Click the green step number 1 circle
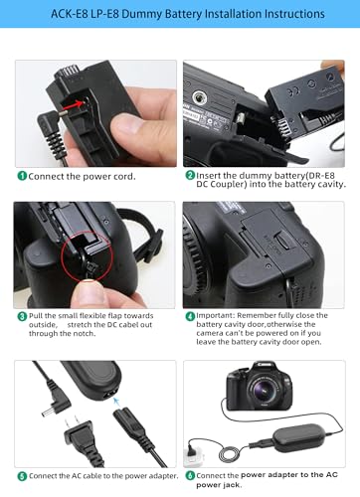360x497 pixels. click(x=22, y=176)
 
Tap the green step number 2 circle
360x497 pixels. click(x=190, y=175)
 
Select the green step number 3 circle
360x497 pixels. click(x=22, y=316)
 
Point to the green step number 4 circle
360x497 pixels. click(x=190, y=316)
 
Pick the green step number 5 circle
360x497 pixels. click(x=22, y=476)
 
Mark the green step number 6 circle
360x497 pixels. click(x=190, y=476)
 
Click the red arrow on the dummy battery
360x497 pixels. click(x=74, y=104)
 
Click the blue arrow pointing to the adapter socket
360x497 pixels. click(x=116, y=402)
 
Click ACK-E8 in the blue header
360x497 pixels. click(x=70, y=14)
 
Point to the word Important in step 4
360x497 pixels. click(x=215, y=315)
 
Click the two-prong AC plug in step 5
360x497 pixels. click(x=78, y=434)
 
